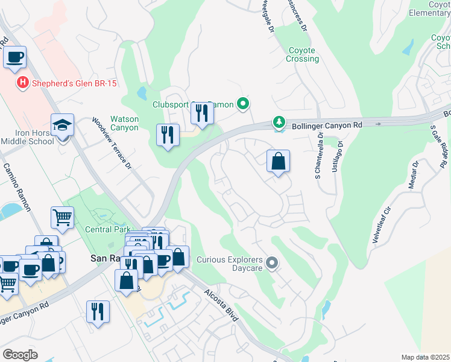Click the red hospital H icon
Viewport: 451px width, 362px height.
click(x=23, y=83)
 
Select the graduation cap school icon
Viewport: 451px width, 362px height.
click(x=62, y=125)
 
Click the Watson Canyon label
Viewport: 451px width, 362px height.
click(x=124, y=123)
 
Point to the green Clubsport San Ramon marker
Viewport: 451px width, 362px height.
click(x=243, y=104)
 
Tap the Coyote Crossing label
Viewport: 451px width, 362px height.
click(x=303, y=54)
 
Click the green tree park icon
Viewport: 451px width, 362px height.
click(x=279, y=122)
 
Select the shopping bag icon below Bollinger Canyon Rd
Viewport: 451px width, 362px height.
click(x=278, y=161)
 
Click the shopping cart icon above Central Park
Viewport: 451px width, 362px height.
click(x=63, y=217)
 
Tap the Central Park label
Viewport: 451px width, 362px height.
click(x=106, y=229)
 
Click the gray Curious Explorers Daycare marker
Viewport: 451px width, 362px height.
click(x=272, y=262)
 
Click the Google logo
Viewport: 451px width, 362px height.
click(x=20, y=354)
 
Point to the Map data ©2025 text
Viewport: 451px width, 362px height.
click(x=425, y=357)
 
